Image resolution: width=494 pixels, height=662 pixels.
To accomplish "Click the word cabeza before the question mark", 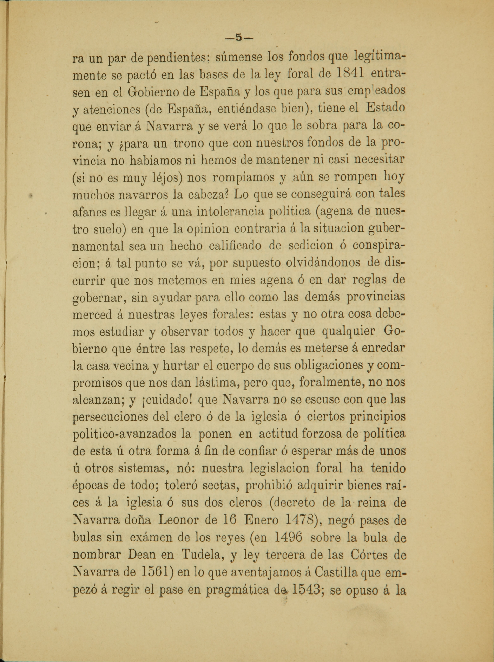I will (x=208, y=195).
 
